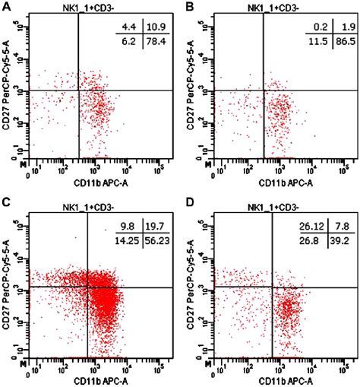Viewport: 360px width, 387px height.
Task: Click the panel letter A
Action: click(5, 6)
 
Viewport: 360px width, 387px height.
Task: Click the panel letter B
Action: click(188, 6)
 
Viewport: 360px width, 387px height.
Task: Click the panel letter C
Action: click(5, 201)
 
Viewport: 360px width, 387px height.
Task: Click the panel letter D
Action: click(188, 201)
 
